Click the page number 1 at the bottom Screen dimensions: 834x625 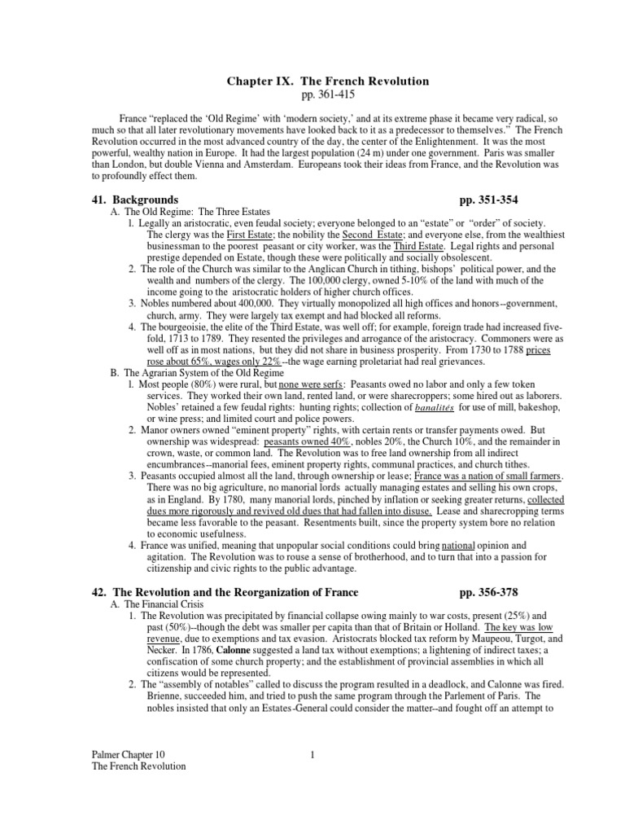(x=312, y=754)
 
